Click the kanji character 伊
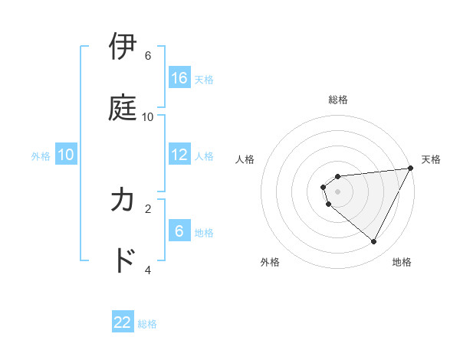click(123, 47)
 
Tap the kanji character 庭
click(123, 107)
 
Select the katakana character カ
click(123, 200)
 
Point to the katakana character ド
click(123, 260)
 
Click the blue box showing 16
click(179, 77)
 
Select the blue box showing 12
click(179, 155)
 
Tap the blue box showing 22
click(123, 322)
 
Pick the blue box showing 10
click(66, 155)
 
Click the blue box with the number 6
click(179, 231)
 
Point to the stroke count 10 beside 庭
click(148, 116)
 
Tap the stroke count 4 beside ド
click(148, 270)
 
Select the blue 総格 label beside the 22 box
click(147, 324)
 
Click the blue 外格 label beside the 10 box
click(41, 156)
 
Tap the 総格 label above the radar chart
click(338, 100)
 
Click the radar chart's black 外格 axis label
click(270, 262)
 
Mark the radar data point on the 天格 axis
click(410, 168)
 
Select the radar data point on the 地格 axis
click(374, 242)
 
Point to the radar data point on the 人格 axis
click(323, 186)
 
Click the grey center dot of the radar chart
click(338, 191)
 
